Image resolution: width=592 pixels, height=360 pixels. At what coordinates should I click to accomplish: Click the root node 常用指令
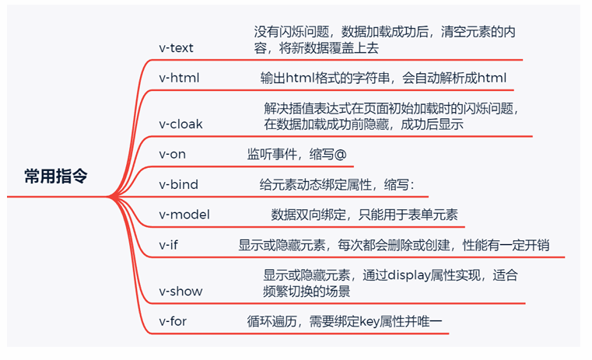tap(55, 177)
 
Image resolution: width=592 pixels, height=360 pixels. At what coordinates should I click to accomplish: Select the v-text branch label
tap(176, 48)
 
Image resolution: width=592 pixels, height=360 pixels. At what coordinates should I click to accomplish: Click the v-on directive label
tap(172, 154)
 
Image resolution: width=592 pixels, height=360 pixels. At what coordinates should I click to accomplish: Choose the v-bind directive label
tap(178, 184)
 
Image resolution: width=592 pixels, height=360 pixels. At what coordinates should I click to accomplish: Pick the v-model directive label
tap(184, 215)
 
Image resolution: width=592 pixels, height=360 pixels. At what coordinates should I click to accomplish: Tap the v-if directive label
tap(169, 245)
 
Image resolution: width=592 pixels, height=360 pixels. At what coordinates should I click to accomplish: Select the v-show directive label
tap(180, 291)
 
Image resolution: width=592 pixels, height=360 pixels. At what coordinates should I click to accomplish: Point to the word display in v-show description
tap(410, 274)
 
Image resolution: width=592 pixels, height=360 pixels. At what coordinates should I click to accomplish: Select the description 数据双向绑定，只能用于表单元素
tap(364, 215)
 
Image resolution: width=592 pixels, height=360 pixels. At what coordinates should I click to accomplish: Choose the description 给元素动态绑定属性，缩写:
tap(338, 184)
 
